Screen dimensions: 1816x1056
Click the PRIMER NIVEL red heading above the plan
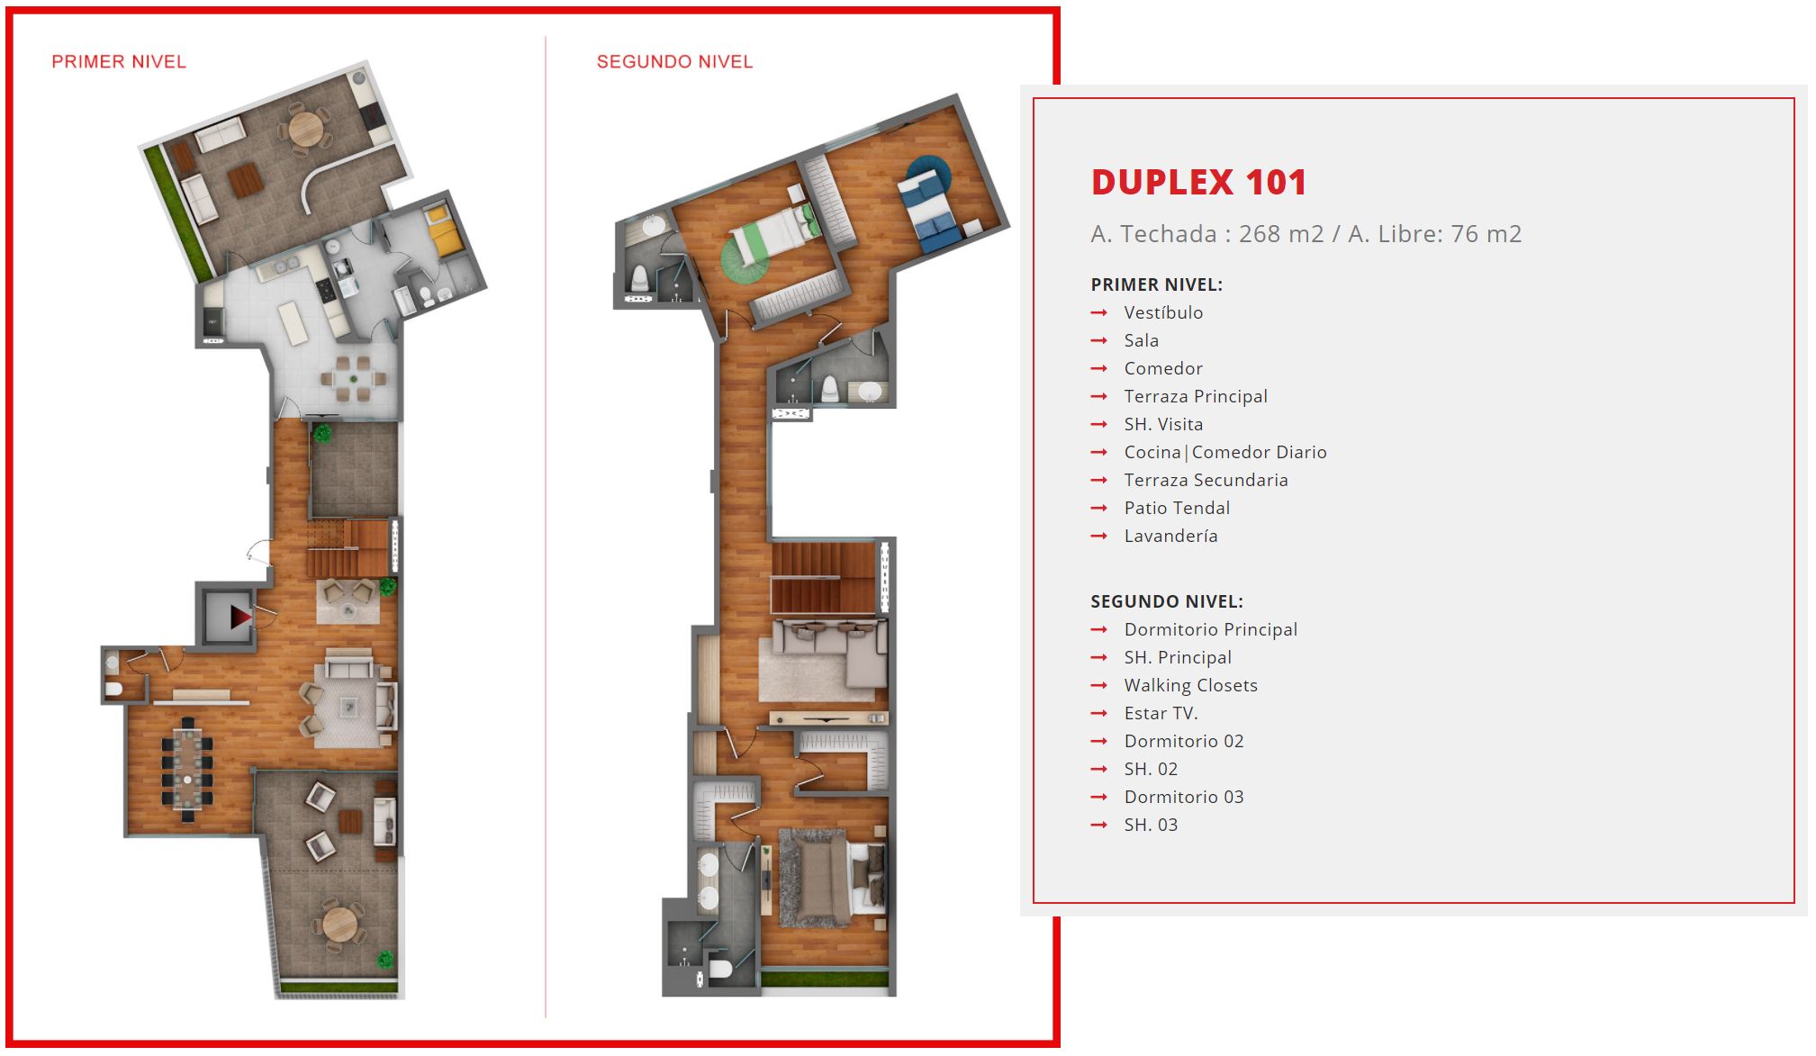coord(119,62)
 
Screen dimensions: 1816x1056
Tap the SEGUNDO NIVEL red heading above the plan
coord(674,62)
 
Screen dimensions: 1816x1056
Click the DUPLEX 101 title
coord(1198,183)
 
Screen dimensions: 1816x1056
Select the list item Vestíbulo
coord(1163,312)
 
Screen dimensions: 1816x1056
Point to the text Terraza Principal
coord(1196,396)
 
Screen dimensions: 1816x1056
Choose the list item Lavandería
coord(1170,536)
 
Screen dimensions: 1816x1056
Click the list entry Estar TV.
coord(1161,713)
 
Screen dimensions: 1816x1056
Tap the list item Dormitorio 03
coord(1184,797)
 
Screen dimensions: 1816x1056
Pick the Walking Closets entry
coord(1190,685)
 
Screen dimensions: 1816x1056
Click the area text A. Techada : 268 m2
coord(1207,234)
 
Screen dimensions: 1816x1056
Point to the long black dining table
coord(187,769)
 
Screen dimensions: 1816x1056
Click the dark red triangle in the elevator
coord(240,617)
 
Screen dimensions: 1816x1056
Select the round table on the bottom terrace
coord(339,924)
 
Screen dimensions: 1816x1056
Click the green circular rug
coord(745,260)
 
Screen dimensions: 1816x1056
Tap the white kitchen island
coord(294,322)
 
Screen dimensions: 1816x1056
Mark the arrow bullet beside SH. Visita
coord(1098,424)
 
